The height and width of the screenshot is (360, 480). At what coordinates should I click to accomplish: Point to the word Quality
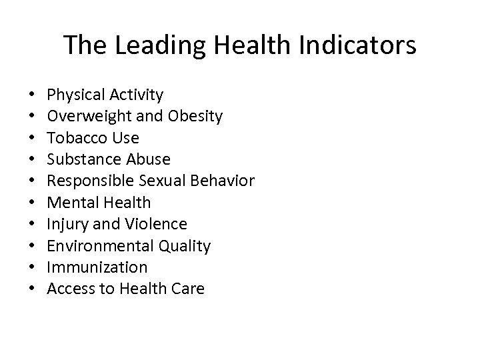185,246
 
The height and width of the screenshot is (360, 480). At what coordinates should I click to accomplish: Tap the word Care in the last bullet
189,289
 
